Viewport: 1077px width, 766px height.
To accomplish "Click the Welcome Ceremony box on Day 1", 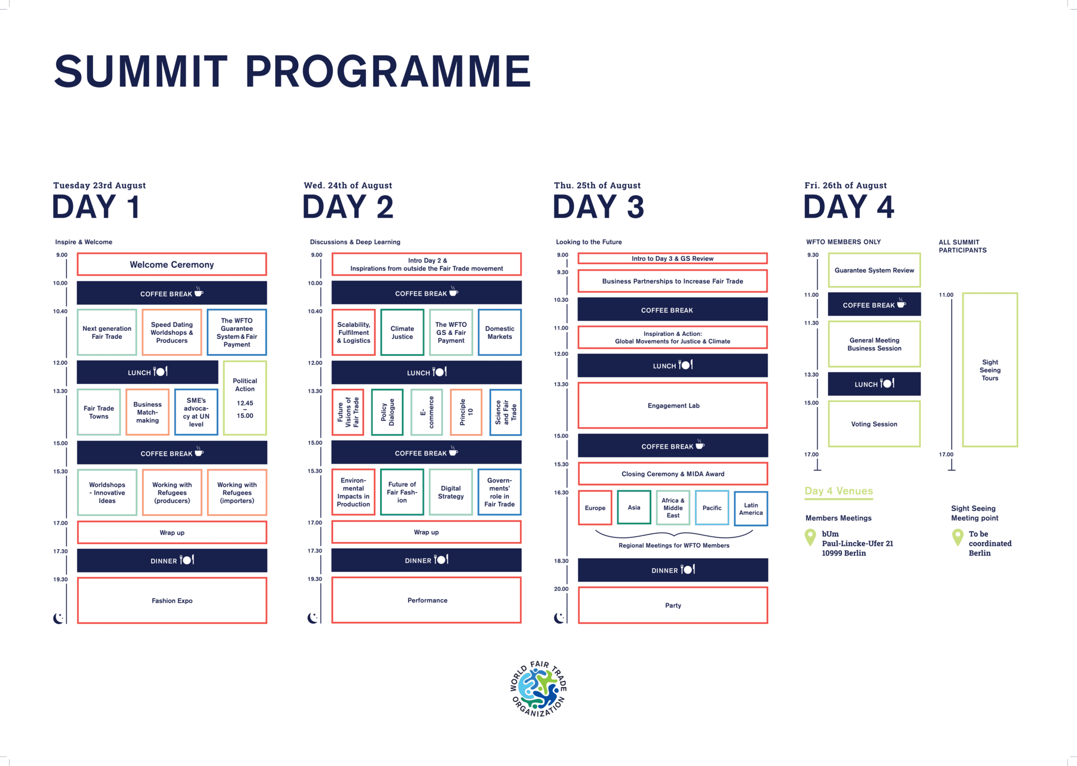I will click(x=172, y=264).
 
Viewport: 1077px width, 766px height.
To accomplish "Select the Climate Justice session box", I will click(x=402, y=333).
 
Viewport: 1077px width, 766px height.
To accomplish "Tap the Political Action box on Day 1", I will click(x=245, y=398).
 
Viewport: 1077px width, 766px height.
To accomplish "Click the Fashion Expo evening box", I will click(x=172, y=600).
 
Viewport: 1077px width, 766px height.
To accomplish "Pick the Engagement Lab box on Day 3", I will click(x=673, y=406).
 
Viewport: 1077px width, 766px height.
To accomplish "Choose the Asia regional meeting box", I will click(x=634, y=507).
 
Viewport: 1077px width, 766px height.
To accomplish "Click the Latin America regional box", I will click(x=751, y=508).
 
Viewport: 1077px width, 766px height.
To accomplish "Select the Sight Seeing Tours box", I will click(x=990, y=370).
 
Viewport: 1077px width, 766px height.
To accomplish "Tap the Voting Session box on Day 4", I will click(x=874, y=424).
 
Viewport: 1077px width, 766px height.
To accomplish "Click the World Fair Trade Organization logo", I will click(x=538, y=689).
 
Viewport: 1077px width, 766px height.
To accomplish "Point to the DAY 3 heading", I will click(x=598, y=207).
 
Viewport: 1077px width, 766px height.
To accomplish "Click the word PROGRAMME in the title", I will click(x=388, y=72).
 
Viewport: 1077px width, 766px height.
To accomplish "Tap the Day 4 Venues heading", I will click(x=838, y=491).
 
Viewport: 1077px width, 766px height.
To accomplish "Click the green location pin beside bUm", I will click(x=810, y=537).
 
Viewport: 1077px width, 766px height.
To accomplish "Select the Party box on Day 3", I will click(x=673, y=605).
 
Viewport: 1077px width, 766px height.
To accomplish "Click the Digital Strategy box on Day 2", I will click(x=451, y=492).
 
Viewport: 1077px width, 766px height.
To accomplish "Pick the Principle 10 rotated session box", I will click(x=466, y=412).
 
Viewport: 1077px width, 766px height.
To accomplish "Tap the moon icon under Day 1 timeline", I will click(x=58, y=618).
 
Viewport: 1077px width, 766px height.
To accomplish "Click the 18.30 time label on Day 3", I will click(x=561, y=561).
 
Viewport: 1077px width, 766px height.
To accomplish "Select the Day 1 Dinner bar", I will click(x=172, y=561).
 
